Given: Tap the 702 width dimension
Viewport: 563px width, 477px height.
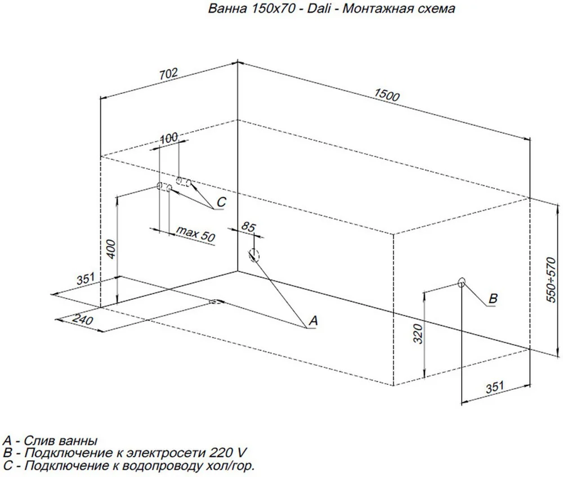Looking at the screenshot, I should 168,73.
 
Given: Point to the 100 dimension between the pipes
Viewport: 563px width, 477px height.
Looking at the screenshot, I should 168,137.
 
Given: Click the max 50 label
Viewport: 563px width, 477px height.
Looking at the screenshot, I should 195,234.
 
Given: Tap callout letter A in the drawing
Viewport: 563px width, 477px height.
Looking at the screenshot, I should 314,321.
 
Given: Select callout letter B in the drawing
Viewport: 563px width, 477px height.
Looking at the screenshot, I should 492,299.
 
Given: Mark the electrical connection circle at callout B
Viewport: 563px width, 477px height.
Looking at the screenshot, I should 462,282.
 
